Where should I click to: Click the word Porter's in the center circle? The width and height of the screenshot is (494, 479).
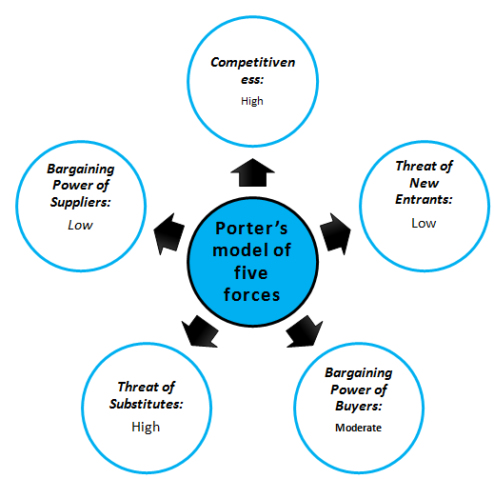pos(251,228)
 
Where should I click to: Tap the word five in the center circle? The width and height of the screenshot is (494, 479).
pos(251,272)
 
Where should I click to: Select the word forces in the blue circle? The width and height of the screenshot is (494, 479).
pos(251,294)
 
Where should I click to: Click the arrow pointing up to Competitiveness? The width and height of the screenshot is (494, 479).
pos(252,172)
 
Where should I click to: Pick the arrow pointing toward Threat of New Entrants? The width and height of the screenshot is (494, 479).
pos(336,234)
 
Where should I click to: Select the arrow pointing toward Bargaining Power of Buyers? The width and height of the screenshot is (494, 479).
pos(305,331)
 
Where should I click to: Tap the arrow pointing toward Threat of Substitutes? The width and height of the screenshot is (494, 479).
pos(200,331)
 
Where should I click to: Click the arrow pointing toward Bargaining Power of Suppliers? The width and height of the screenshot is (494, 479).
pos(169,234)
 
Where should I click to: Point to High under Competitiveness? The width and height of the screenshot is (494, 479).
pos(252,101)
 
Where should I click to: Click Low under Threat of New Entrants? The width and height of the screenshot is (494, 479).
pos(424,223)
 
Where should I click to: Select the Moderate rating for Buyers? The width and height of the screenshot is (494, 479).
pos(358,428)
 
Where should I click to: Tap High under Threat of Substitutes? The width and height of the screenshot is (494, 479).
pos(146,427)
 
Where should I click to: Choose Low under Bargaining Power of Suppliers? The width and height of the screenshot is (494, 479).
pos(80,225)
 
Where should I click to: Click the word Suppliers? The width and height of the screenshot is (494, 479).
pos(81,202)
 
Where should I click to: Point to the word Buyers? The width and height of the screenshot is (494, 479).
pos(359,406)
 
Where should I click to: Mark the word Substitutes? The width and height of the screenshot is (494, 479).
pos(147,404)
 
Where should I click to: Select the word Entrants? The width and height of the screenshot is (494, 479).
pos(424,199)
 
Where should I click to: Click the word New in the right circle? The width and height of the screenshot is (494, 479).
pos(424,183)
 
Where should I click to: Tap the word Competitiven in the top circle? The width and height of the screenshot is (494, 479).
pos(253,63)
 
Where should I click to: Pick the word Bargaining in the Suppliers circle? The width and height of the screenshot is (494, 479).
pos(81,169)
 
